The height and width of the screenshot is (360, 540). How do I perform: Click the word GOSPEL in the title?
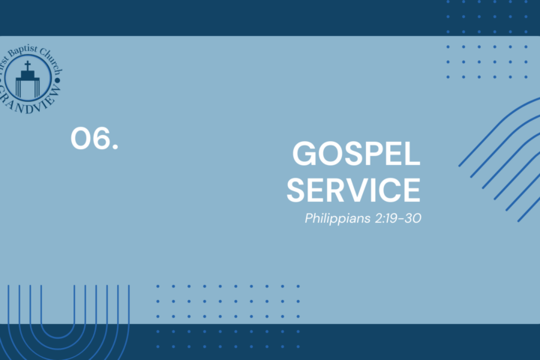tap(356, 154)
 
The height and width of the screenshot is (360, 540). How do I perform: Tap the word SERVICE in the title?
tap(354, 190)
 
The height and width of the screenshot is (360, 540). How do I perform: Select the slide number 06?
tap(94, 138)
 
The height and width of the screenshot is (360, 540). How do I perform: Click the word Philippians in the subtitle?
tap(337, 218)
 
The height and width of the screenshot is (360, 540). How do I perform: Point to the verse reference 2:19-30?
tap(398, 218)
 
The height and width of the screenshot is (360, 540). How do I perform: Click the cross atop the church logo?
tap(28, 65)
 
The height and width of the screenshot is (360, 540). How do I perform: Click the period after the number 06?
tap(115, 147)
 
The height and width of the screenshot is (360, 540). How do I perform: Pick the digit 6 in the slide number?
tap(101, 138)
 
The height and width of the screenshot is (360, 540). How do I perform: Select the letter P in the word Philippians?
tap(309, 218)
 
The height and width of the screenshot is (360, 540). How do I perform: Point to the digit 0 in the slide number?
tap(81, 138)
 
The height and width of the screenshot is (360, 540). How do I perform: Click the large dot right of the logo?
tap(58, 80)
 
